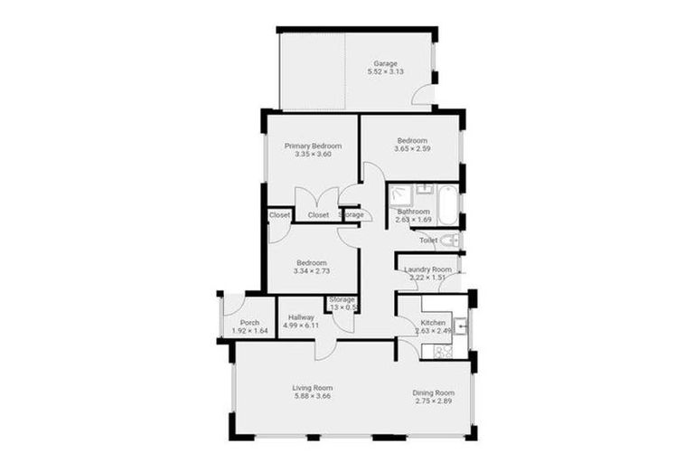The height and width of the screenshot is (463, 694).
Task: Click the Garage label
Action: (x=386, y=63)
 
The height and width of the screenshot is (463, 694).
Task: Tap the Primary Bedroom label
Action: (x=313, y=146)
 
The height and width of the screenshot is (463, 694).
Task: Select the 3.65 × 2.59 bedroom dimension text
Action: (x=412, y=151)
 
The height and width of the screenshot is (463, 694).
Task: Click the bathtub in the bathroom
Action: (x=449, y=200)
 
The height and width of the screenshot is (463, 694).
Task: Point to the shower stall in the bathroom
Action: (x=400, y=196)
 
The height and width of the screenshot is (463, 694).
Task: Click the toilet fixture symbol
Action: (x=450, y=241)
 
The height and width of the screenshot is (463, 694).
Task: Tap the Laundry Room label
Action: (x=427, y=269)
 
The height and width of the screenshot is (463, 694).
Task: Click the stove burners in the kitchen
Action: (x=444, y=351)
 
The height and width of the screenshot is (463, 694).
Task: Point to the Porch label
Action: (x=250, y=323)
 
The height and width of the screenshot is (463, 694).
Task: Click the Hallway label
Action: (x=301, y=317)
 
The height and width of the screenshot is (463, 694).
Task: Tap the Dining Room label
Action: (x=433, y=392)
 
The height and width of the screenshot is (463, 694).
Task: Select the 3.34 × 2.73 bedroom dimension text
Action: (x=312, y=271)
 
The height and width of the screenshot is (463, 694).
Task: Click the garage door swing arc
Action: (x=420, y=95)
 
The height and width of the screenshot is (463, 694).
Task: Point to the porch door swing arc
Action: (x=234, y=305)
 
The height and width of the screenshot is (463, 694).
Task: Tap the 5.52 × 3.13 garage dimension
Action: (x=386, y=71)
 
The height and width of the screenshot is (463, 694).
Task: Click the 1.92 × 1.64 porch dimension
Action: (x=250, y=331)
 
